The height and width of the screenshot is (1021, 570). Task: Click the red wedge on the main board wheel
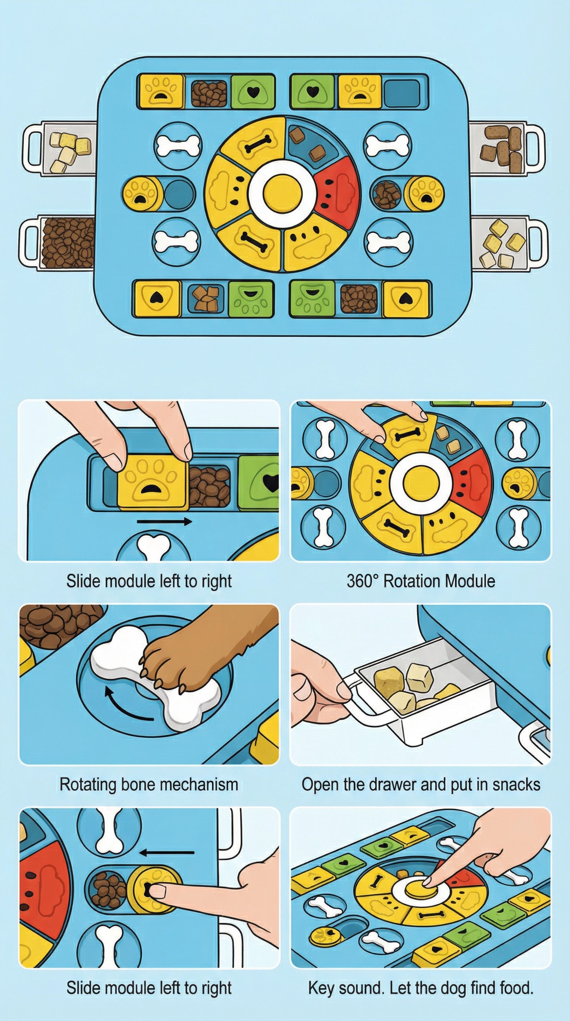tap(337, 188)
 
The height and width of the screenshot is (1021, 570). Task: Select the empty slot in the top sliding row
tap(402, 93)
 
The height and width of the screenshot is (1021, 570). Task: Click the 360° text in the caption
tap(363, 581)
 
